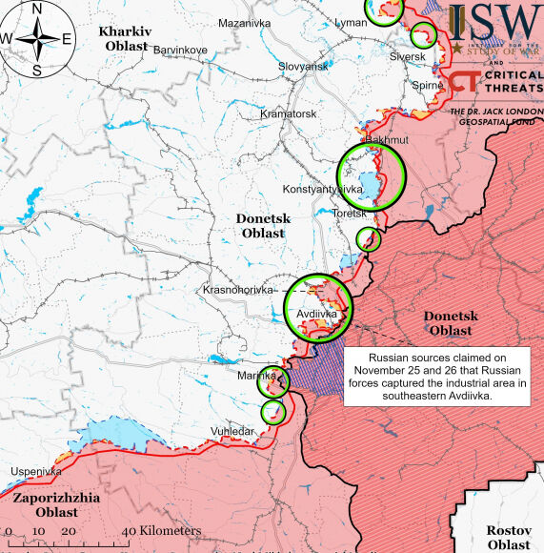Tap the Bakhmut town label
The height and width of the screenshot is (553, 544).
coord(387,140)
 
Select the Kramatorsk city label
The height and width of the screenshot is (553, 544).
coord(288,114)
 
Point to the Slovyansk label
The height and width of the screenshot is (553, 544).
coord(303,66)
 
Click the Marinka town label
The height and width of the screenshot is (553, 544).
coord(255,377)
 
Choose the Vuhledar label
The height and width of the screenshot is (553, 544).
coord(232,432)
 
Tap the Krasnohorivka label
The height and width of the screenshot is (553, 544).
coord(237,289)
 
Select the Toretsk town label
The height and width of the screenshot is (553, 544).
coord(349,214)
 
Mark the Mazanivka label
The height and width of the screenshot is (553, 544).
coord(244,23)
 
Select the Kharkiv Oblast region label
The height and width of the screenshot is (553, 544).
coord(124,38)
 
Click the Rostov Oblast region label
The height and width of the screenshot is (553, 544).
coord(507,537)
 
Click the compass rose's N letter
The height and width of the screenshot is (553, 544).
coord(36,9)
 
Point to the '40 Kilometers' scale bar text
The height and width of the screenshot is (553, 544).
coord(160,531)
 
